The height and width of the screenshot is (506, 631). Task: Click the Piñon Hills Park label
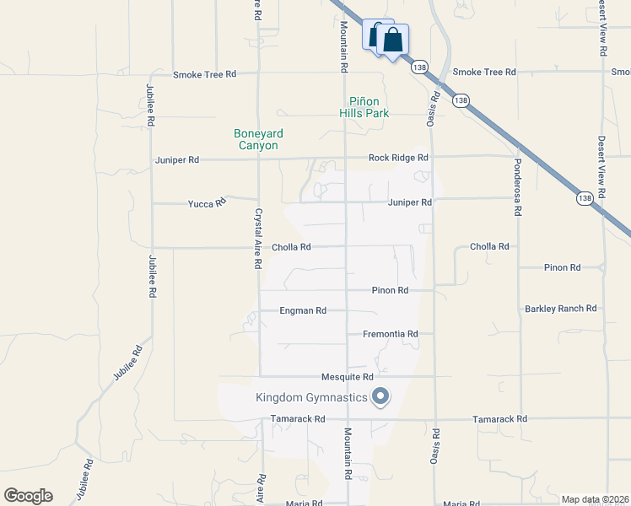364,106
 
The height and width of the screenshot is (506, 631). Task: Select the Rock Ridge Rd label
398,158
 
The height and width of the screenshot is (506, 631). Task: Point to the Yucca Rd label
207,203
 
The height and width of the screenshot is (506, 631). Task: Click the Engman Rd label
303,311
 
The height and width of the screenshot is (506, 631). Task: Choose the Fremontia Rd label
391,334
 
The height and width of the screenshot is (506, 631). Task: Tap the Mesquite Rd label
348,377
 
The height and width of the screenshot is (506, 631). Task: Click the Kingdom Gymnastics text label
312,397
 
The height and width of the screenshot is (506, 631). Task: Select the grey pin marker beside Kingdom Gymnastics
380,396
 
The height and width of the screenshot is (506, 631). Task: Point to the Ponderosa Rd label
518,186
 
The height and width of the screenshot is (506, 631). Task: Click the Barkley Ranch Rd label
561,309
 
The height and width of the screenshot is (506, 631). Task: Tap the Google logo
28,496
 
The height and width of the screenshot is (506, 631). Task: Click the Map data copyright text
595,499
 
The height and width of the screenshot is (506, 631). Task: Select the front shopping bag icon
393,40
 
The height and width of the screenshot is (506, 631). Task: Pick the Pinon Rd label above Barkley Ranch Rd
562,267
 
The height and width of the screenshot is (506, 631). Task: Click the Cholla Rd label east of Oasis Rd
489,247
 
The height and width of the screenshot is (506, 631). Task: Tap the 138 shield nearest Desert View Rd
585,198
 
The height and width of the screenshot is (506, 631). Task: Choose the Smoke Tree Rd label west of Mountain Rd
204,74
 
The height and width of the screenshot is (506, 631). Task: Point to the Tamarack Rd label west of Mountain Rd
298,419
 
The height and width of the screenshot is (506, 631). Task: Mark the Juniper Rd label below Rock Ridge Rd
410,202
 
